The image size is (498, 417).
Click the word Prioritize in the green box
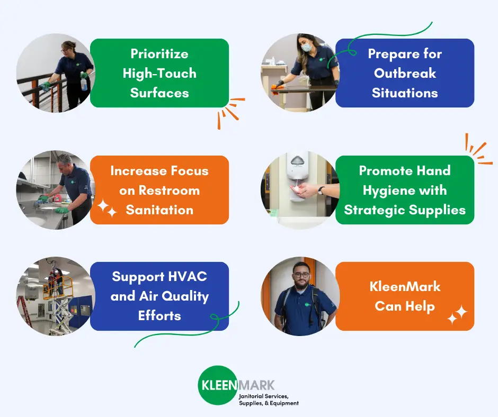tap(159, 53)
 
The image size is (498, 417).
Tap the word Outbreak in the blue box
tap(405, 74)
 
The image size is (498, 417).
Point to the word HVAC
tap(188, 276)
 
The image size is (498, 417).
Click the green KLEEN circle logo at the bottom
tap(218, 385)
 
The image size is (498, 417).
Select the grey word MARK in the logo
tap(256, 385)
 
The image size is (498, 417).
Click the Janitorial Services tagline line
tap(264, 396)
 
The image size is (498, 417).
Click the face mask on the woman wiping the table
tap(306, 47)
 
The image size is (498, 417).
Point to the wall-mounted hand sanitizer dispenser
tap(297, 176)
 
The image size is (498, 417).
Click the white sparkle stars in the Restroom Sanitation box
tap(107, 208)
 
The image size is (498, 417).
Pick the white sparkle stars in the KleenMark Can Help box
tap(457, 315)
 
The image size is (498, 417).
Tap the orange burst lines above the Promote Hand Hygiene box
tap(478, 149)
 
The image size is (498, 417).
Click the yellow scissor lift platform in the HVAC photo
tap(58, 287)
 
